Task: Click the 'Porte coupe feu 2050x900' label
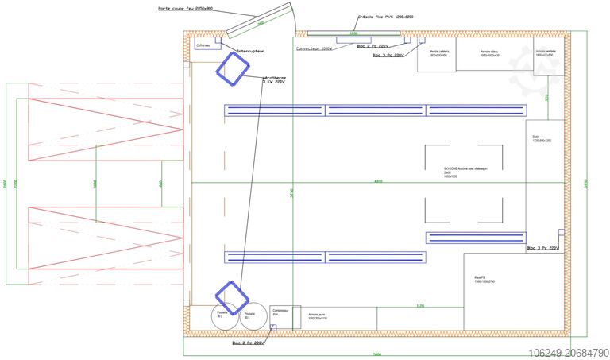click(185, 10)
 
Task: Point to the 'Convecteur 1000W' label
click(314, 48)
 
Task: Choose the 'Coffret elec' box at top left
click(203, 46)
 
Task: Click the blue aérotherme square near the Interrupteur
click(233, 68)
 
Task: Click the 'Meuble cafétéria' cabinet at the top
click(438, 53)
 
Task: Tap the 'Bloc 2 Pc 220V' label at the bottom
click(249, 343)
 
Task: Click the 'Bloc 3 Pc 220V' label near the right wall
click(544, 249)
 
